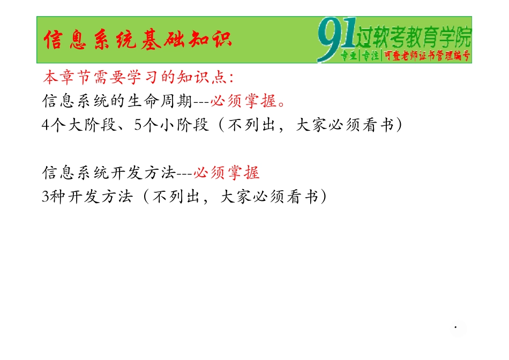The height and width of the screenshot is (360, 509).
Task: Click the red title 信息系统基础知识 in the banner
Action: pos(138,40)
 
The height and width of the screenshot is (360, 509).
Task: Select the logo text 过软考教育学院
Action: pos(413,36)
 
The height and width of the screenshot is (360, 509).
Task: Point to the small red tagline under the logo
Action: pos(406,56)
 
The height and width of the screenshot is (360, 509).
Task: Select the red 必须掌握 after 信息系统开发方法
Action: pos(226,173)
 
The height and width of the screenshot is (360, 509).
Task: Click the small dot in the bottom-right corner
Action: pos(455,326)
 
